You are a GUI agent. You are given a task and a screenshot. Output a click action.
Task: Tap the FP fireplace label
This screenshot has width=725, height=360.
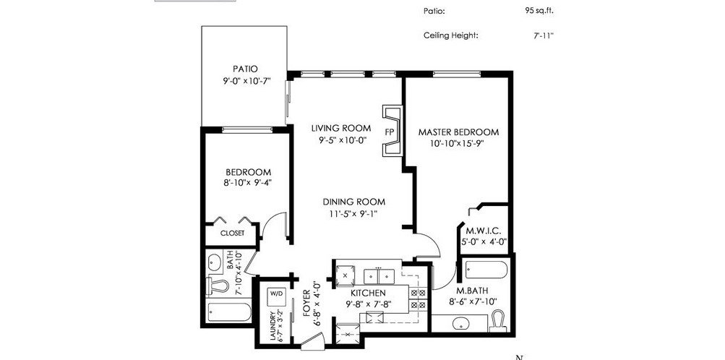coord(390,132)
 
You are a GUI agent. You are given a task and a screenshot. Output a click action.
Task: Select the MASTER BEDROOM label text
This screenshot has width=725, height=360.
coord(459,132)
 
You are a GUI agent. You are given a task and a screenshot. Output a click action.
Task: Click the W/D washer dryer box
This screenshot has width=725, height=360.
coord(275,293)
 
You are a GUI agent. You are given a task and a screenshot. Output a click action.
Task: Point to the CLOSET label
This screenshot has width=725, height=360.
coord(232,233)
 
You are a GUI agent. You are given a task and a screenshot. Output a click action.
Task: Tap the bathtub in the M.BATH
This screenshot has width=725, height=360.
coord(486,270)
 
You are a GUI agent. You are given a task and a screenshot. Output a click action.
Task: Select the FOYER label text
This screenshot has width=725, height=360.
coord(306,303)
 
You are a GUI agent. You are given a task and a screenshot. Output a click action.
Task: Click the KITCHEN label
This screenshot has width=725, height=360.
coord(368,293)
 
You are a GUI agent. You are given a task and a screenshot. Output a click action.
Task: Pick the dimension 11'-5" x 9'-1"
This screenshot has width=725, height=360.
coord(353,213)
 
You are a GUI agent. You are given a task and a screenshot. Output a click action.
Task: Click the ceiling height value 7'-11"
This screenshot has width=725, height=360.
coord(544,35)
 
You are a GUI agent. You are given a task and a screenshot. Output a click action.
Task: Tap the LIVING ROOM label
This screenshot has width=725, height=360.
coord(340,128)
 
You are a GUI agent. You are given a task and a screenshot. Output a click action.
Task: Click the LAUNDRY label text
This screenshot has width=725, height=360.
coord(273,327)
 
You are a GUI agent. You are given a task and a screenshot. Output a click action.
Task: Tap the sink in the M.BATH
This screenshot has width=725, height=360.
coord(459,323)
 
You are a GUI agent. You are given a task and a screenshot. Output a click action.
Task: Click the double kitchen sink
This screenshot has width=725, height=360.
coord(378,276)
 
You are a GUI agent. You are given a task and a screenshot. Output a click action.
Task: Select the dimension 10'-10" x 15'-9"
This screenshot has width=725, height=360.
coord(457,143)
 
